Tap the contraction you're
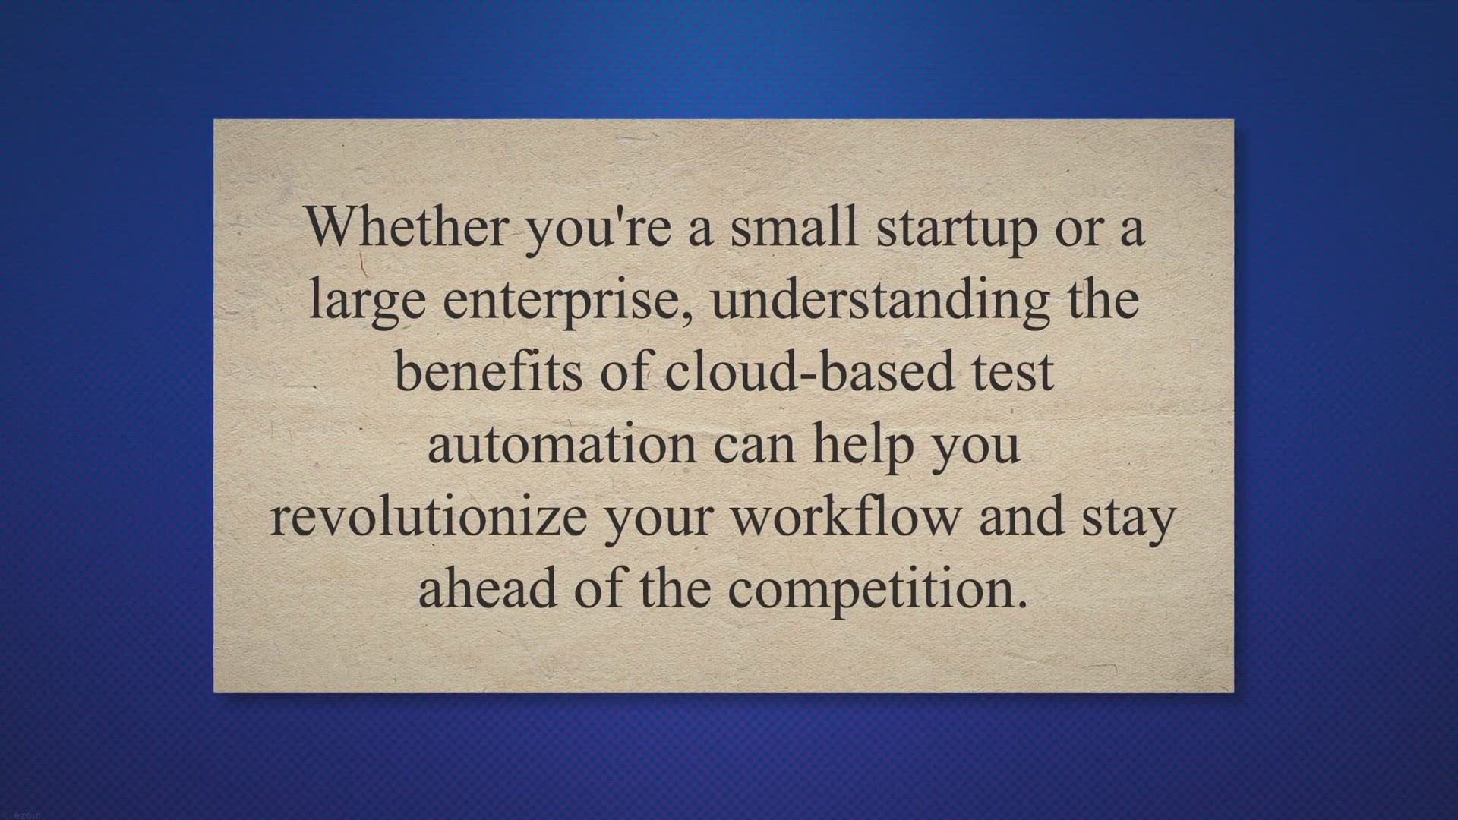point(598,229)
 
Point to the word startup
point(956,229)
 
